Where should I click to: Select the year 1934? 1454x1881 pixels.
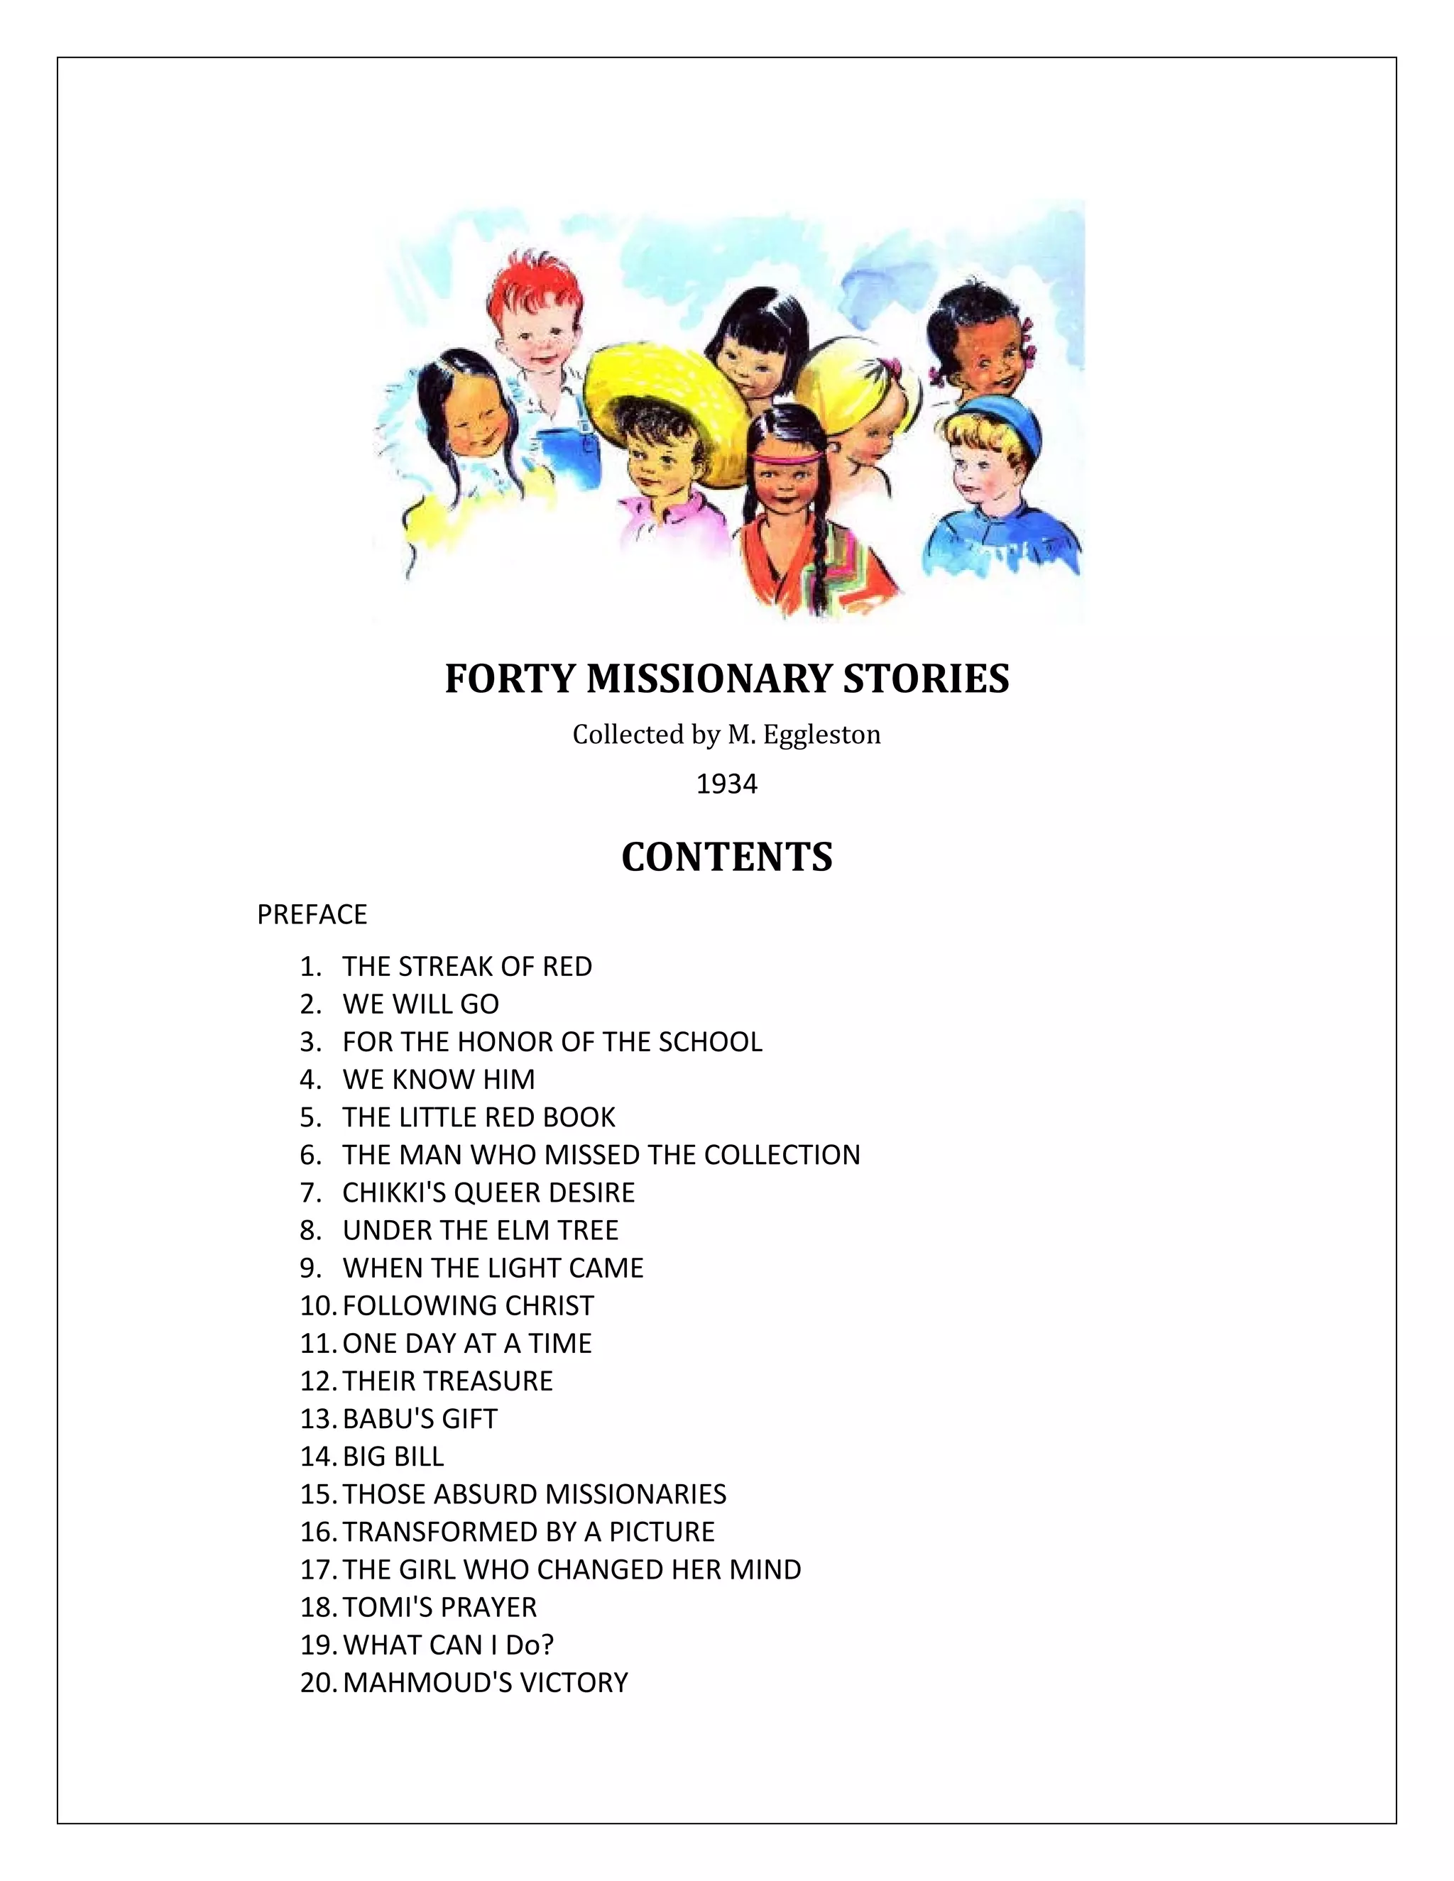[x=726, y=784]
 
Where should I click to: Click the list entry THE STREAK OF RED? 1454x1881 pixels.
[x=467, y=966]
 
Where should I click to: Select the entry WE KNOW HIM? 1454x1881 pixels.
[x=439, y=1079]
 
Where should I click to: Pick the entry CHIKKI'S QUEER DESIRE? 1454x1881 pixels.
[x=488, y=1192]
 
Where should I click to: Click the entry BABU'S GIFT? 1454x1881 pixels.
[x=420, y=1418]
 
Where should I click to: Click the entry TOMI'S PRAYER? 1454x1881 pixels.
[x=439, y=1607]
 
